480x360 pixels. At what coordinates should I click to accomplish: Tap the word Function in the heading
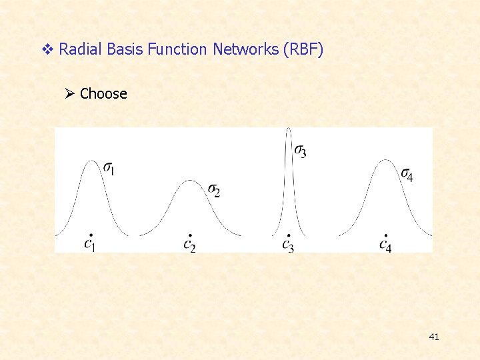[177, 49]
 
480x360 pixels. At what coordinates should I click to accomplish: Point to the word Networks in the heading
[245, 49]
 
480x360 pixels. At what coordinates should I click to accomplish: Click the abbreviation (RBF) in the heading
[303, 49]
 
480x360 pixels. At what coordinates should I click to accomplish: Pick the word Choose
[103, 94]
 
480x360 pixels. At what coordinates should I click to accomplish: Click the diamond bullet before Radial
[47, 49]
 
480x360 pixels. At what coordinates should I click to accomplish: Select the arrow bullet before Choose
[70, 94]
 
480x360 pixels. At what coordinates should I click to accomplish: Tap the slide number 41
[434, 337]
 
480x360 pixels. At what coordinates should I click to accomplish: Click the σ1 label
[109, 169]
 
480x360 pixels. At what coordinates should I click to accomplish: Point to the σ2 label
[214, 191]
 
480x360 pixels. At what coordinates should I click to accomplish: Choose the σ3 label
[301, 151]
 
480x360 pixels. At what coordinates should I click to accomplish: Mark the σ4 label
[407, 175]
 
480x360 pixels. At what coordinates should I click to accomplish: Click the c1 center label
[90, 243]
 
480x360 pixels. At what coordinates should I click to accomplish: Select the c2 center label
[189, 244]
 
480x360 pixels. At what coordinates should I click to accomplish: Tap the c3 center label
[287, 244]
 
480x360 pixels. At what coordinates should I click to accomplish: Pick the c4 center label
[385, 244]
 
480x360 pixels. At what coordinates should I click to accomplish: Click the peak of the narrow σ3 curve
[288, 129]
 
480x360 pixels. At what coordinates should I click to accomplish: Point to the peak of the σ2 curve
[190, 181]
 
